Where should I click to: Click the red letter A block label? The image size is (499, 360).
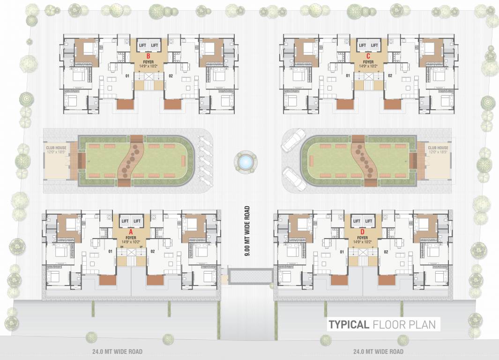pos(131,232)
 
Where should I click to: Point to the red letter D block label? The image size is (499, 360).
pos(362,232)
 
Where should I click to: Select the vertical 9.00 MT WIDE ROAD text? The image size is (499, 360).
pos(246,230)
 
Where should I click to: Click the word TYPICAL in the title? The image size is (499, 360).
pos(348,324)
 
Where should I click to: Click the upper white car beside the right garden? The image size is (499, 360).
pos(293,140)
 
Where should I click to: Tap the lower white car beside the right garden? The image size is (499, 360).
pos(294,179)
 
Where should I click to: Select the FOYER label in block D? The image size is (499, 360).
pos(362,237)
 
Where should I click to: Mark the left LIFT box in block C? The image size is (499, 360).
pos(362,45)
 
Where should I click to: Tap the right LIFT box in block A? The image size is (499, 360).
pos(137,221)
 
